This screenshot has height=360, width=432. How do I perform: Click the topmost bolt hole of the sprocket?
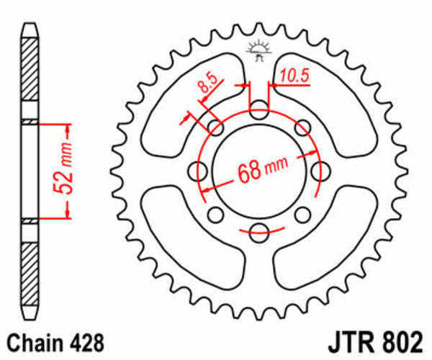(x=258, y=112)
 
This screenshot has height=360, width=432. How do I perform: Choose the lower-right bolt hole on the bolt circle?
(x=302, y=213)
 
